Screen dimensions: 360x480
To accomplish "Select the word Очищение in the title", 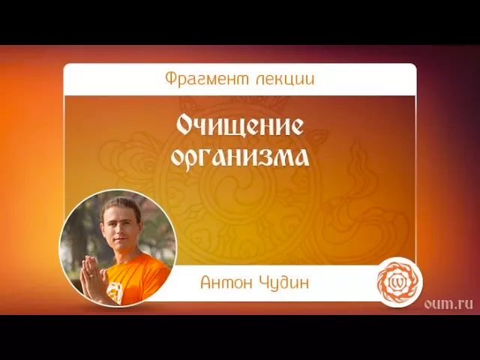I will click(x=240, y=125).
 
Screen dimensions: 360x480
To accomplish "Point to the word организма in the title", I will click(x=240, y=158).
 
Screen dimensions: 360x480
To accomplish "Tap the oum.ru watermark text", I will click(x=448, y=303).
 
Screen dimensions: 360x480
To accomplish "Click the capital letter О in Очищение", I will click(x=185, y=125).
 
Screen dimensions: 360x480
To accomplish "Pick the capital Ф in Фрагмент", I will click(x=170, y=79).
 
